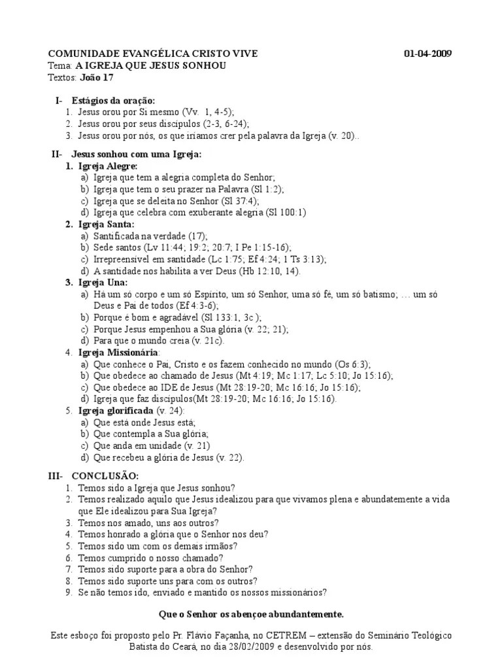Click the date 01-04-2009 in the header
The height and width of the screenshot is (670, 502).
(x=427, y=54)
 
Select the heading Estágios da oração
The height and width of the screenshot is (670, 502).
(x=114, y=101)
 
